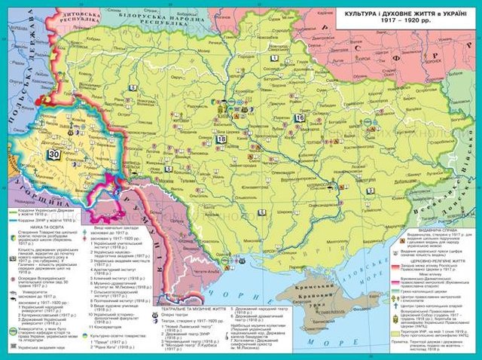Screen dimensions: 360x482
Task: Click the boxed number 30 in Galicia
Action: tap(53, 154)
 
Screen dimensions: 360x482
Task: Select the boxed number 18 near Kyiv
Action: tap(221, 139)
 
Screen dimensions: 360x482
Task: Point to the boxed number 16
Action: tap(300, 117)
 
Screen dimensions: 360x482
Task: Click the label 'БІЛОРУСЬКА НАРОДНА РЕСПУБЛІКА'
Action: tap(150, 18)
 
